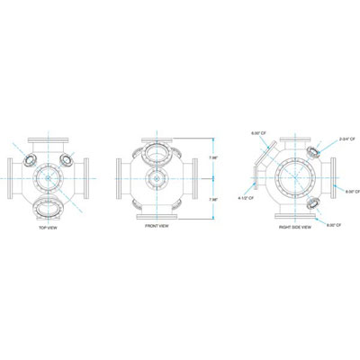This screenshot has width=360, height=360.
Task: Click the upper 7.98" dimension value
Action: (x=212, y=158)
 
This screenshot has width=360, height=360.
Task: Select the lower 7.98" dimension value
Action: (x=212, y=198)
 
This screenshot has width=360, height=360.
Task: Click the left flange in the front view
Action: (x=121, y=178)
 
